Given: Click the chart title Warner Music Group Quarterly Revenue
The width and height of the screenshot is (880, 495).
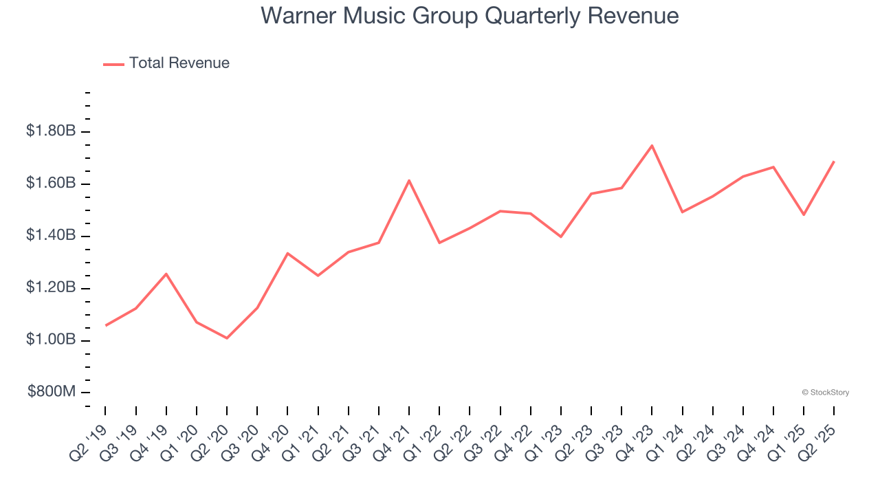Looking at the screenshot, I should click(470, 16).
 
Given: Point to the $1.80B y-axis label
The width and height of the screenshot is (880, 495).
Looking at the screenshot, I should click(51, 131).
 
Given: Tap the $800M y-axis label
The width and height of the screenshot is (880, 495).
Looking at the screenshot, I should click(52, 392).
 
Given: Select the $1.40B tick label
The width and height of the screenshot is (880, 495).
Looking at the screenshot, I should click(51, 235).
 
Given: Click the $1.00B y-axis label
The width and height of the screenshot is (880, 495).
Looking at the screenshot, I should click(51, 340).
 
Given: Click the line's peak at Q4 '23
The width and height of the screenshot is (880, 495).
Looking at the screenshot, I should click(652, 146).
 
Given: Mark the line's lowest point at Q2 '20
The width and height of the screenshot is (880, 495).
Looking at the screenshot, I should click(227, 338).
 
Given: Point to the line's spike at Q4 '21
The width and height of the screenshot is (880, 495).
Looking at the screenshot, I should click(409, 181).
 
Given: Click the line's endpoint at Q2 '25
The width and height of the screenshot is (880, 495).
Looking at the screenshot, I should click(834, 162).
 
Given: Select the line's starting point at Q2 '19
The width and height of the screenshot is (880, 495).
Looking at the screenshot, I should click(105, 325).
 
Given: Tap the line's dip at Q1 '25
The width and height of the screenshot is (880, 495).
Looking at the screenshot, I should click(804, 214).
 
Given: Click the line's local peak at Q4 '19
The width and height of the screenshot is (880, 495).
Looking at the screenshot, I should click(166, 274).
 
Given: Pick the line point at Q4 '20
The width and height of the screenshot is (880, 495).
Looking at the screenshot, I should click(287, 253).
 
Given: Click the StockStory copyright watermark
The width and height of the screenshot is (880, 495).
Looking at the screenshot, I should click(825, 393).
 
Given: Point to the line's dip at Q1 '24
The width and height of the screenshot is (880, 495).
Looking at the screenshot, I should click(682, 212).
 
